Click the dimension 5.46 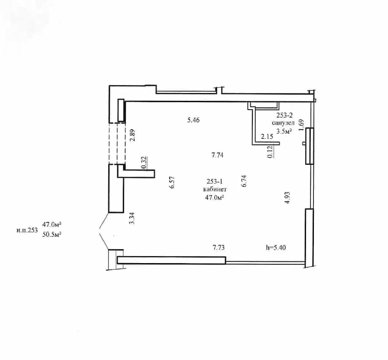tap(193, 120)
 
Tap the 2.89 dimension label tap(133, 135)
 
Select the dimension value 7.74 tap(217, 155)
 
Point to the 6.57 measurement tap(172, 182)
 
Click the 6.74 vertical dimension tap(244, 181)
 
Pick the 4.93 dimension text tap(287, 198)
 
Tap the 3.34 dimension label tap(132, 218)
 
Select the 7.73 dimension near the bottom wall tap(219, 247)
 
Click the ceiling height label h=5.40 tap(276, 247)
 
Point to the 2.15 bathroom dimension tap(267, 136)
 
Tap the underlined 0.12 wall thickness tap(270, 151)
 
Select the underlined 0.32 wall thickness tap(144, 163)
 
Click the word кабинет tap(215, 189)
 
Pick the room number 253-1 tap(214, 182)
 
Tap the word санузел tap(283, 123)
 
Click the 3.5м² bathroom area tap(284, 131)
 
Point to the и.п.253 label tap(27, 230)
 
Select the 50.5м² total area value tap(52, 234)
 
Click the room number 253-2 tap(285, 115)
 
